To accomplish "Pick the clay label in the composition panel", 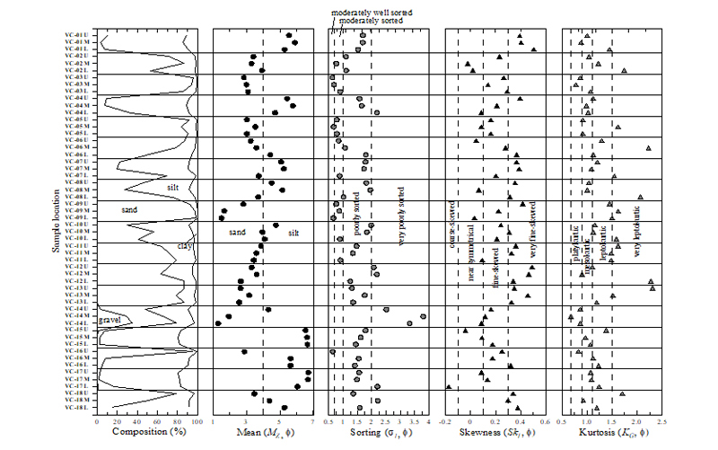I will (x=184, y=245).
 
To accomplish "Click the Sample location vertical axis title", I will (x=56, y=221).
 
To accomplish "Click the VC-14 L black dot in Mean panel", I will (x=218, y=322).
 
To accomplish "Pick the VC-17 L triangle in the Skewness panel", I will (x=449, y=386).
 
